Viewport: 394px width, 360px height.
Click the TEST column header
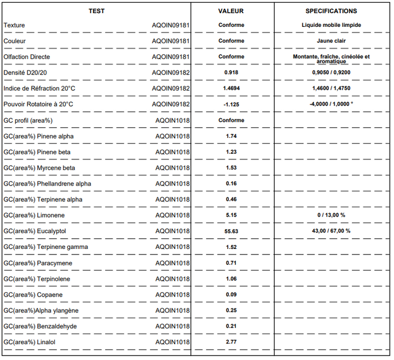96,11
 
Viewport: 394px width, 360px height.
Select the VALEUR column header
231,11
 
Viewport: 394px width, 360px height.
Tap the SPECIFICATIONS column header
331,11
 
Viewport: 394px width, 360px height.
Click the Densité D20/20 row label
21,72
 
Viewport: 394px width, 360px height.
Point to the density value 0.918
231,72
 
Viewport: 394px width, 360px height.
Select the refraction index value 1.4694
231,88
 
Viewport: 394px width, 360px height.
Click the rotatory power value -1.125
231,104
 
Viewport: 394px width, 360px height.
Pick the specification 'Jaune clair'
331,40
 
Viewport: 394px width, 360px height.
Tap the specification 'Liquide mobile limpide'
331,25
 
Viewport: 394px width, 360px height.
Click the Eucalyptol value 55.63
231,231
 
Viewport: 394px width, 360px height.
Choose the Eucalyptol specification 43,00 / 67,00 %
331,231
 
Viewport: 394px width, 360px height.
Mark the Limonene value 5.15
231,215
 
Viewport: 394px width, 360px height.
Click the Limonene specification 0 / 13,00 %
331,215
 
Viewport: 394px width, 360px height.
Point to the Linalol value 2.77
231,342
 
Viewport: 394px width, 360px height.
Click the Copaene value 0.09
231,295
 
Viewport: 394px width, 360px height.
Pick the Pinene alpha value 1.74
231,136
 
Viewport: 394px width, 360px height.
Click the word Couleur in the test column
14,41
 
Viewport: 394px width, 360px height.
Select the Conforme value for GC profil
231,120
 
